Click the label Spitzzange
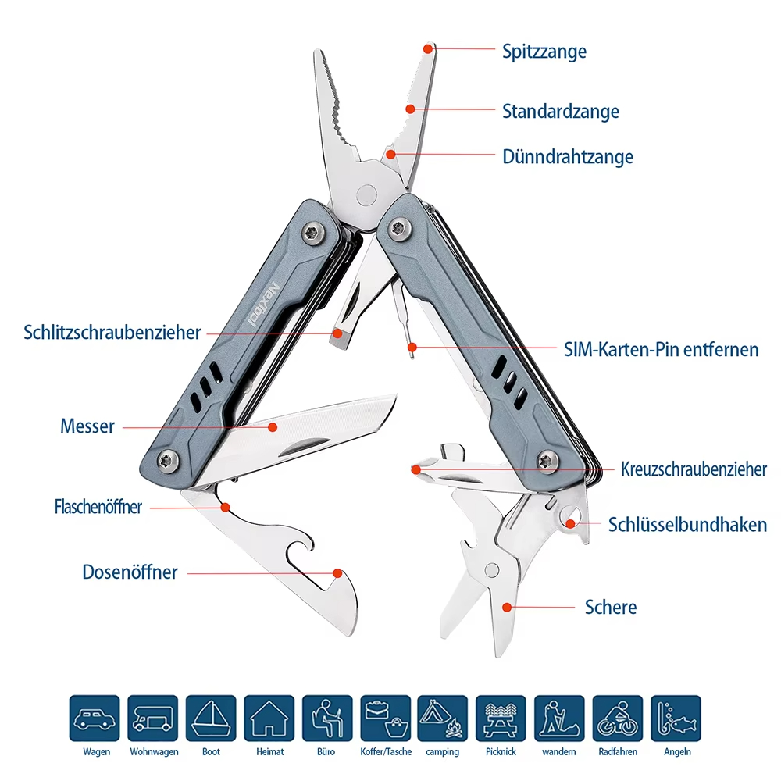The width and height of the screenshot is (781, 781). [x=544, y=52]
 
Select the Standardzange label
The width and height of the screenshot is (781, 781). [x=560, y=111]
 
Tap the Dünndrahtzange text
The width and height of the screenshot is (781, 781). [x=567, y=157]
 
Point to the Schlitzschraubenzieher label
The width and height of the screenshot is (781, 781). [x=112, y=333]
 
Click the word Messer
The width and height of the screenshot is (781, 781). [x=87, y=426]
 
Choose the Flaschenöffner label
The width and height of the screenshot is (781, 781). [x=98, y=507]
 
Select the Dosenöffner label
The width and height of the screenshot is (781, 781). [x=130, y=572]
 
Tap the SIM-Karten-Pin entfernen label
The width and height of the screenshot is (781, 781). [x=661, y=349]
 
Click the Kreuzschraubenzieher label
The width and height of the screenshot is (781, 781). [x=694, y=469]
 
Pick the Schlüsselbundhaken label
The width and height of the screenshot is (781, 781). [x=687, y=525]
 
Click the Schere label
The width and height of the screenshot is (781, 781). [x=611, y=607]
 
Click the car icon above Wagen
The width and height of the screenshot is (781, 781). [x=95, y=719]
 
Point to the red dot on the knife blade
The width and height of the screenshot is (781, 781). [x=273, y=427]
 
